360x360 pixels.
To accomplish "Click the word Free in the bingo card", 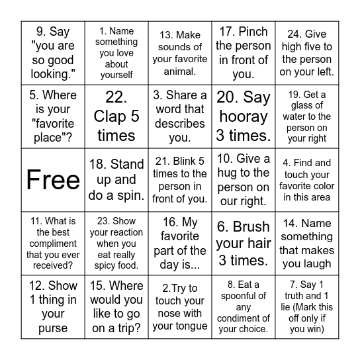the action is tap(53, 180).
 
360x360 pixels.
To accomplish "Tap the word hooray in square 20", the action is tap(243, 116).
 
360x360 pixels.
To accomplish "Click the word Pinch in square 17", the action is tap(253, 31).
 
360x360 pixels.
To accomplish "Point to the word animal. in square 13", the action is tap(180, 72).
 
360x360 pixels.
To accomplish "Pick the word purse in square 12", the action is tap(53, 328).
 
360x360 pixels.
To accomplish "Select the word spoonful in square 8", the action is tap(244, 296).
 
